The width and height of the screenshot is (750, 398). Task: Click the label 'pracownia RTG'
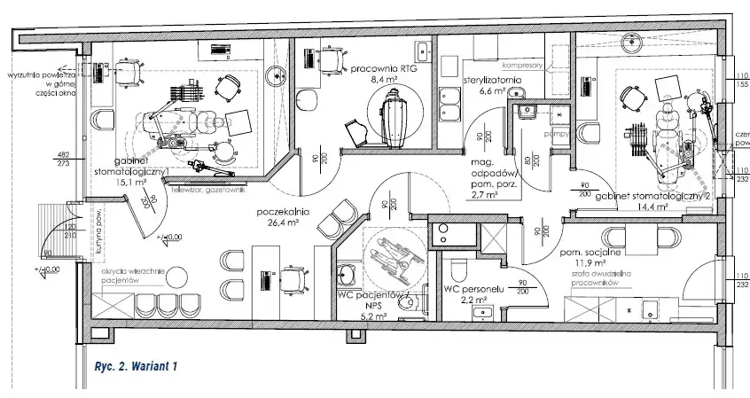point(385,68)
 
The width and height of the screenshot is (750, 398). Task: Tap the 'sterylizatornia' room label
point(492,80)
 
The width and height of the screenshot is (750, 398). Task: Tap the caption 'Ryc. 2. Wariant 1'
point(129,364)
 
